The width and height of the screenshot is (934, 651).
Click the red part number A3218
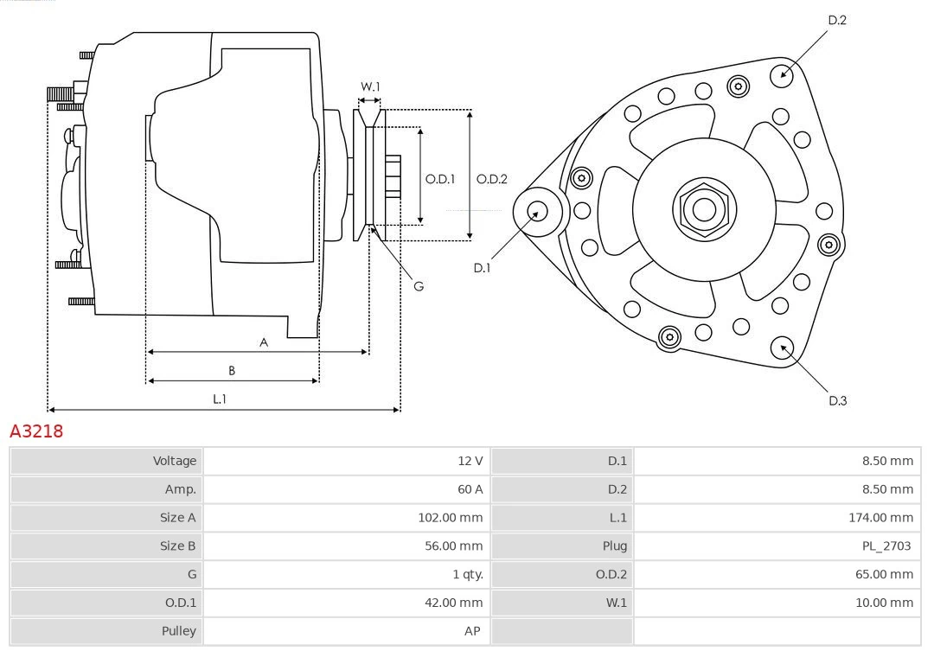pos(36,431)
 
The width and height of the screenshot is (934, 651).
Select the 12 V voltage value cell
pos(470,461)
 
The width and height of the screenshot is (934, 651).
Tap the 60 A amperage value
pos(470,489)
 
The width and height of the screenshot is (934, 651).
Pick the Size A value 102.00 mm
pos(450,518)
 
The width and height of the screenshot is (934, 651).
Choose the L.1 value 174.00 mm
pos(880,518)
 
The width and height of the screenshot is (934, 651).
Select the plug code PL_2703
pos(886,546)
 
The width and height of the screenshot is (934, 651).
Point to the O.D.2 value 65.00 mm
pos(883,574)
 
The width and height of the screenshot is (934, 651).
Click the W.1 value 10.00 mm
pos(883,603)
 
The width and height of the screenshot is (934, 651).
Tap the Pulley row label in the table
pos(179,631)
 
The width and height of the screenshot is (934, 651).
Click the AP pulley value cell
pos(471,631)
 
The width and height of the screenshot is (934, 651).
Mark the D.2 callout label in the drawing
pos(836,20)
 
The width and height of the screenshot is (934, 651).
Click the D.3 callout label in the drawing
pos(837,400)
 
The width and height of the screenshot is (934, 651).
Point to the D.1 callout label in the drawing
pos(482,268)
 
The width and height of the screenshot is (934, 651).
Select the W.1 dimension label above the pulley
pos(370,86)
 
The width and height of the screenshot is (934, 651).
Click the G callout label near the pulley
pos(419,285)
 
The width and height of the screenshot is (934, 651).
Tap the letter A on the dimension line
pos(264,342)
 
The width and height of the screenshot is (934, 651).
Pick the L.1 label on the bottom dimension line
pos(220,399)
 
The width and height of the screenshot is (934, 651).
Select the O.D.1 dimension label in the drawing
pos(440,180)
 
